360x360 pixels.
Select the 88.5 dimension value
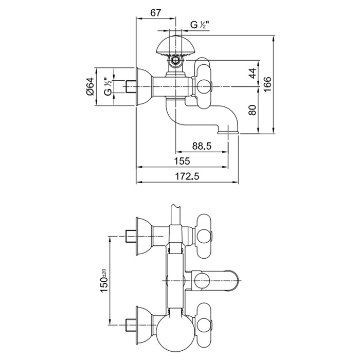click(202, 146)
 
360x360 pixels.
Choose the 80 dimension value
click(252, 110)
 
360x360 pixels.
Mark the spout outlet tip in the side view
click(228, 133)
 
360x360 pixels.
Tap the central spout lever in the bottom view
click(216, 280)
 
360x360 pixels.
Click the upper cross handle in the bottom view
click(206, 232)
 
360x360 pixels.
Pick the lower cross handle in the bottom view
click(206, 325)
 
